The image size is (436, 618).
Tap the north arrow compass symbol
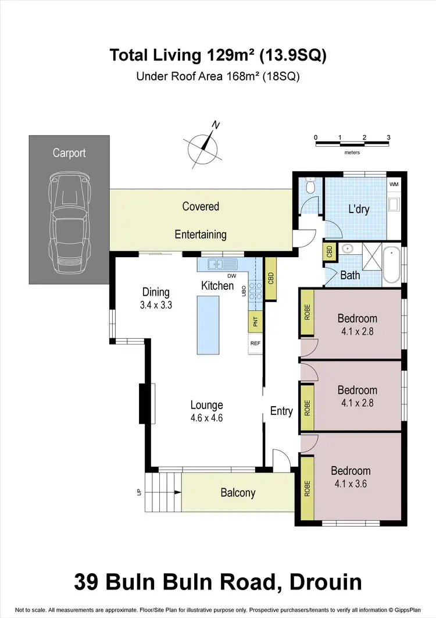tap(203, 145)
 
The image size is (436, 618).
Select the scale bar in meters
tap(352, 143)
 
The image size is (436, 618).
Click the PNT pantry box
tap(255, 321)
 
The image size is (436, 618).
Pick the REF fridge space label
tap(255, 343)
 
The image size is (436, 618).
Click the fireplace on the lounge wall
tap(144, 403)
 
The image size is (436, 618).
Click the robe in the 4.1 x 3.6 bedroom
tap(307, 488)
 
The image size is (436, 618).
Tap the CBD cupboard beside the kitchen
tap(270, 279)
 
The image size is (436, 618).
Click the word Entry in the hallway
tap(281, 411)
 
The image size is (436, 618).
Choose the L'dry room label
tap(359, 209)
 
